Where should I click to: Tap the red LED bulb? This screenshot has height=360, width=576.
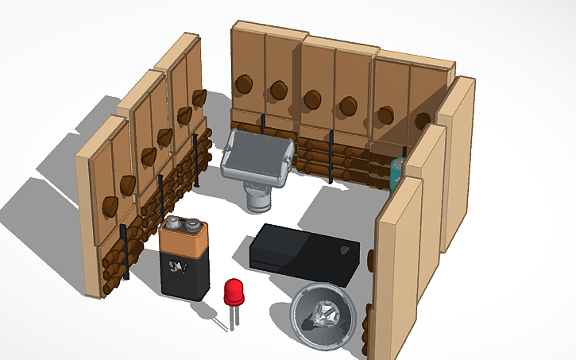(x=234, y=292)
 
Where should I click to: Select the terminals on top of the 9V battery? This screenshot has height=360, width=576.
(x=183, y=226)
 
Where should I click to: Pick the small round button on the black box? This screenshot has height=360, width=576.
(x=344, y=251)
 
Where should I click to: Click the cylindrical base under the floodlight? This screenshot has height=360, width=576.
(x=257, y=198)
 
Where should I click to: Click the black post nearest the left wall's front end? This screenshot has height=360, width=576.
(x=126, y=252)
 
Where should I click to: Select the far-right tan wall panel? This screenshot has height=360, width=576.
(x=456, y=159)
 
